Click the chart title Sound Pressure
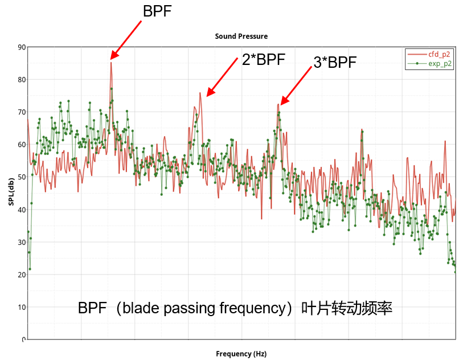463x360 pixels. (241, 36)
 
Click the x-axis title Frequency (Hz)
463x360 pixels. (241, 354)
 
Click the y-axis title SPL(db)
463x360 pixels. (11, 193)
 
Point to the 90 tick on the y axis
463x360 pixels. (22, 47)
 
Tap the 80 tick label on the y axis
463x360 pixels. (22, 80)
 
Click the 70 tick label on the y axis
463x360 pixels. (22, 112)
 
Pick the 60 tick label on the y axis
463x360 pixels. (22, 145)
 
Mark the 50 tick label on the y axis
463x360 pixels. (22, 177)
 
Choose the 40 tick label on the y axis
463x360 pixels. (22, 210)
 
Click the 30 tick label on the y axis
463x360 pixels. (22, 242)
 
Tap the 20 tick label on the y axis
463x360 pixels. (22, 275)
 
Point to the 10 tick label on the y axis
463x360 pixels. (22, 307)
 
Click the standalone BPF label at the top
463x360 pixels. (157, 11)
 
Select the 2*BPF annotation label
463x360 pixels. (263, 60)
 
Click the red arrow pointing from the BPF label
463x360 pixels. (126, 40)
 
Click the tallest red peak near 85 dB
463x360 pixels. (111, 63)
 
